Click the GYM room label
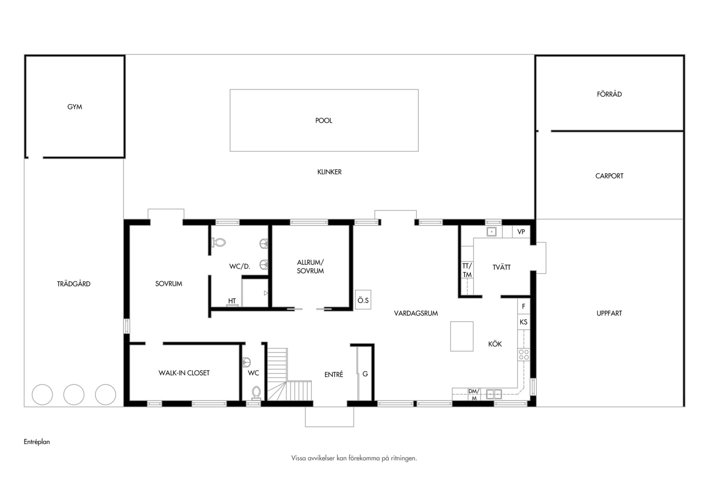click(74, 107)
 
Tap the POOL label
click(323, 120)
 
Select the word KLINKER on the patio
click(329, 172)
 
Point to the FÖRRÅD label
click(609, 94)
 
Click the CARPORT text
click(609, 176)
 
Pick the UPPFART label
click(609, 313)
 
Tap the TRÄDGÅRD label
click(73, 284)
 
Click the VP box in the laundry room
click(521, 232)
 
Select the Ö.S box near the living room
click(363, 300)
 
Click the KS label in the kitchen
click(524, 322)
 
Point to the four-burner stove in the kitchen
click(524, 355)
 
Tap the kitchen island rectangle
click(462, 337)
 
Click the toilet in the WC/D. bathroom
click(218, 243)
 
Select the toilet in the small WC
click(256, 392)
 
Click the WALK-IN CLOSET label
click(184, 373)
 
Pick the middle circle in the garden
click(74, 395)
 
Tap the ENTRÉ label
click(334, 375)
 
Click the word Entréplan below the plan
click(37, 442)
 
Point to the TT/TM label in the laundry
click(467, 270)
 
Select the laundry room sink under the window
click(491, 232)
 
